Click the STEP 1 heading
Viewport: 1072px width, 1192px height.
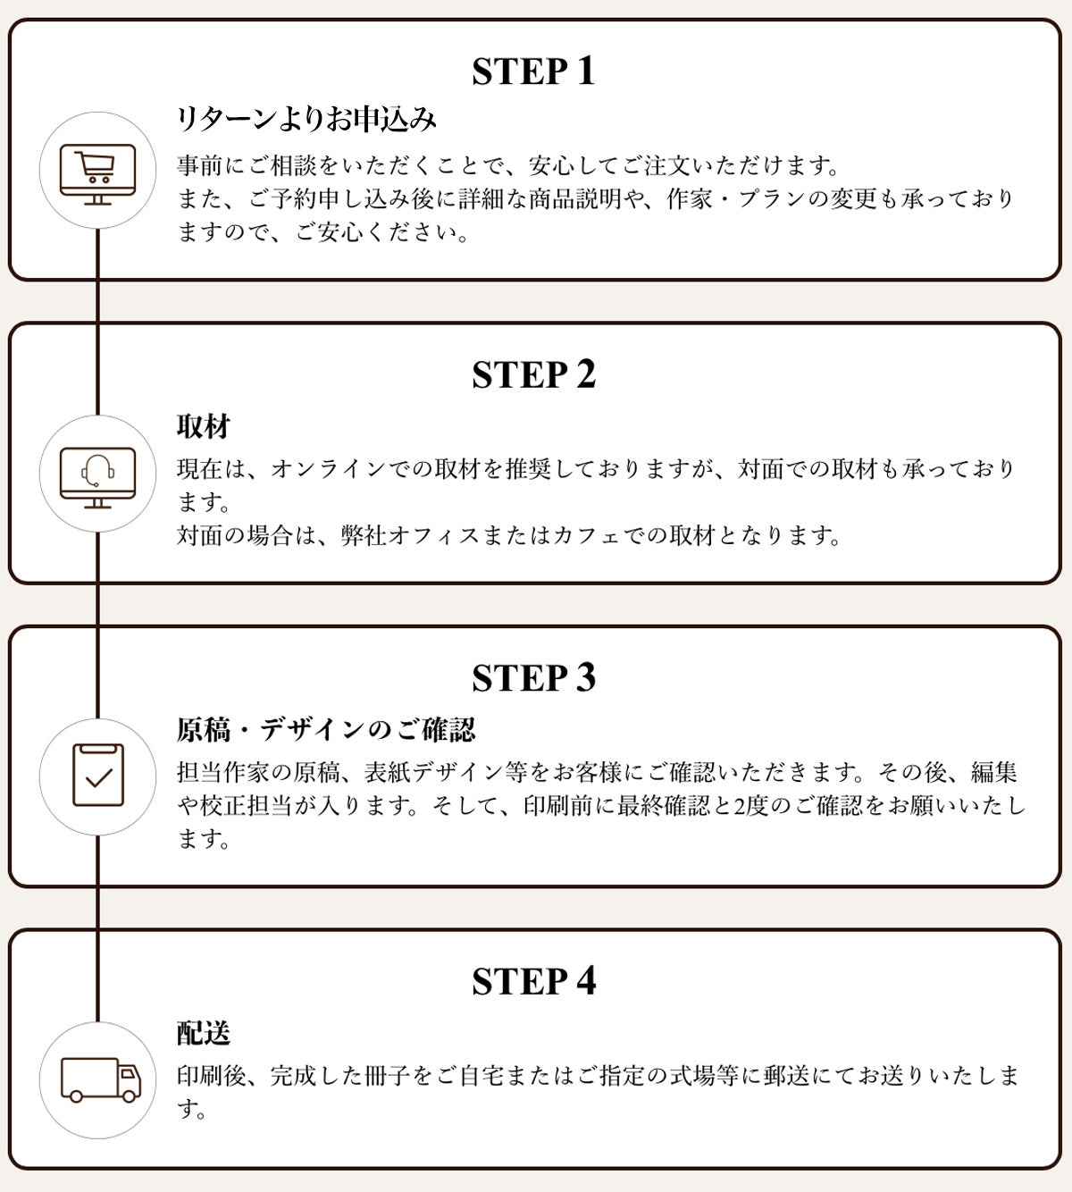point(533,71)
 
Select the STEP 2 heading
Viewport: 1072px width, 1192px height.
point(533,374)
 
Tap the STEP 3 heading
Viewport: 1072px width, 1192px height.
point(533,678)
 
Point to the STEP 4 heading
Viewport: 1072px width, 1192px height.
point(533,981)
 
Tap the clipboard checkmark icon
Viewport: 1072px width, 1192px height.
point(98,776)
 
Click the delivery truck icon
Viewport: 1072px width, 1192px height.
point(101,1079)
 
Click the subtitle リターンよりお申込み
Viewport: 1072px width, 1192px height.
point(306,119)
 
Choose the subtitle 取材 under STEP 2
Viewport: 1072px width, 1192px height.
point(203,426)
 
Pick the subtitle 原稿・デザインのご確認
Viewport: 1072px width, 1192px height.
point(326,730)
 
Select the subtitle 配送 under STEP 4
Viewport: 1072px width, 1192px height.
point(203,1033)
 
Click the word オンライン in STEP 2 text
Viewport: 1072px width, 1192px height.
point(329,469)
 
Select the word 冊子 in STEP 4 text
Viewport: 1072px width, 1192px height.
point(386,1076)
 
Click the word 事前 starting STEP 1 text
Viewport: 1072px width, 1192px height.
point(200,165)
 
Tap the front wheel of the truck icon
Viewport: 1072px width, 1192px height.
point(129,1095)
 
